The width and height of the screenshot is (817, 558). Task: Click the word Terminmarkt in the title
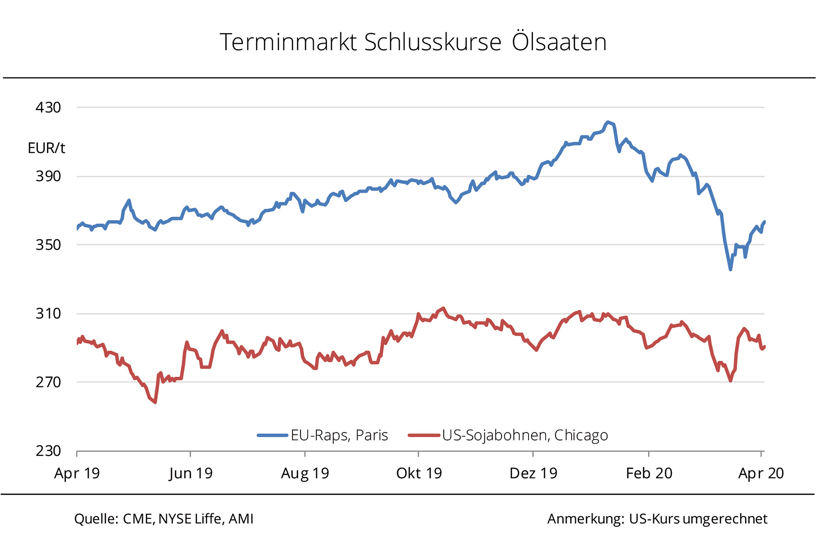(288, 42)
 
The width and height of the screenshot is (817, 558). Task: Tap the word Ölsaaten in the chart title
(559, 42)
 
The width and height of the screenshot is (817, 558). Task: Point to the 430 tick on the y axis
(48, 108)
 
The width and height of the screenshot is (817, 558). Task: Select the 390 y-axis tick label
(48, 176)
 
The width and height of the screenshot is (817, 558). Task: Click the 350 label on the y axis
(48, 245)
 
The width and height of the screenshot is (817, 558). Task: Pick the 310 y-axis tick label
(48, 314)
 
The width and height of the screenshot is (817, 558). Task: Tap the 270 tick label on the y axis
(48, 382)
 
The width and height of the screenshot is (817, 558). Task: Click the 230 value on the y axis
(48, 451)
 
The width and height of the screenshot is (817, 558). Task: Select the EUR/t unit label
(46, 148)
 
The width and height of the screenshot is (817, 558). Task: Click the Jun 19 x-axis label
(191, 474)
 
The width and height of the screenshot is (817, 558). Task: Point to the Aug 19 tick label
(305, 474)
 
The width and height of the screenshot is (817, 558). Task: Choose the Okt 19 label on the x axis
(419, 474)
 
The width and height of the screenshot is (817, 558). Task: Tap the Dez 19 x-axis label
(533, 474)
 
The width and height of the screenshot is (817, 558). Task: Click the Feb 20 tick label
(649, 474)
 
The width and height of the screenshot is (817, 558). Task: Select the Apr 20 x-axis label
(761, 474)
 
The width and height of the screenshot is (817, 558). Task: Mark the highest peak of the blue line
(608, 122)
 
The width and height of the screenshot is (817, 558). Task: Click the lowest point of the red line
(155, 402)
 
